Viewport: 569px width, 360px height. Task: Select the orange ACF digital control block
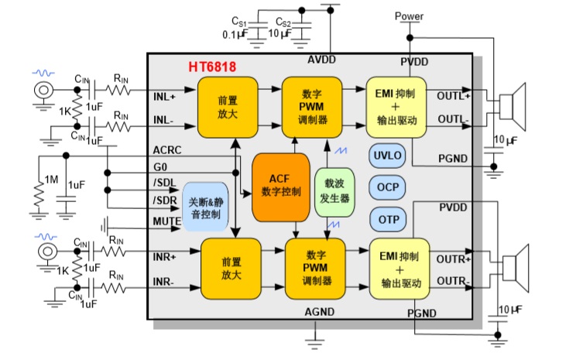click(x=280, y=186)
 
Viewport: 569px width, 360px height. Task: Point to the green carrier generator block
click(x=334, y=191)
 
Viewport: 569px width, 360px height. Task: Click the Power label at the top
click(x=409, y=15)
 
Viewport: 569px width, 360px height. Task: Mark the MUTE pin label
click(x=167, y=221)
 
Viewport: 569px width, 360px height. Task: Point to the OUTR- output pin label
click(x=452, y=280)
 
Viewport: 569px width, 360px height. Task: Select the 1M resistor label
click(x=52, y=180)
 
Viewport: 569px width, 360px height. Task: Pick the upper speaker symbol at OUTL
click(x=512, y=108)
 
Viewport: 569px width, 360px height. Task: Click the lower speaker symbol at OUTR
click(x=512, y=268)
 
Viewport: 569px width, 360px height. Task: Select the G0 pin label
click(x=161, y=166)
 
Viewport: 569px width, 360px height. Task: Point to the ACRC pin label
click(x=166, y=150)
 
